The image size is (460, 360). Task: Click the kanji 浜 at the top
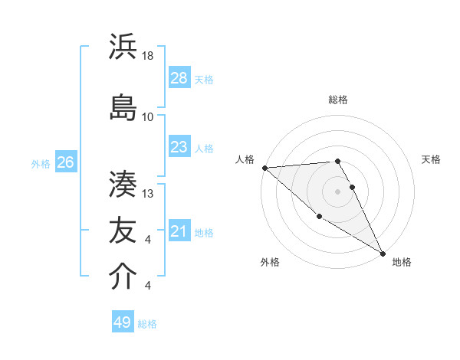coord(123,47)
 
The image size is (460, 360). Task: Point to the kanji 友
coord(123,230)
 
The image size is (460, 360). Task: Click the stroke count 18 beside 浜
coord(148,57)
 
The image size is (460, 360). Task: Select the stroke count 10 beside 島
coord(148,117)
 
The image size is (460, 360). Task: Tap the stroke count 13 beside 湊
coord(148,193)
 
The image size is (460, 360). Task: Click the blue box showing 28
coord(179,78)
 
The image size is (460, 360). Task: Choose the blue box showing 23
coord(179,147)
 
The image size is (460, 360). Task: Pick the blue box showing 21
coord(179,231)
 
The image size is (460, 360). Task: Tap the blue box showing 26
coord(66,162)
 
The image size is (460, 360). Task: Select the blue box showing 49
coord(123,322)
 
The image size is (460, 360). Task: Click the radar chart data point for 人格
coord(264,168)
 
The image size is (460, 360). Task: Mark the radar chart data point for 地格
coord(383,253)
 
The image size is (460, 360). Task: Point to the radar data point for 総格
coord(337,161)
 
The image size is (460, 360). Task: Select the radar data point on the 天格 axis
coord(353,187)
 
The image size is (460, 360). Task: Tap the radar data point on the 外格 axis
coord(320,216)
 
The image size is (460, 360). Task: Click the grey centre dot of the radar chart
coord(337,191)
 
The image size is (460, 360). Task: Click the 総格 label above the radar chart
coord(338,100)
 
